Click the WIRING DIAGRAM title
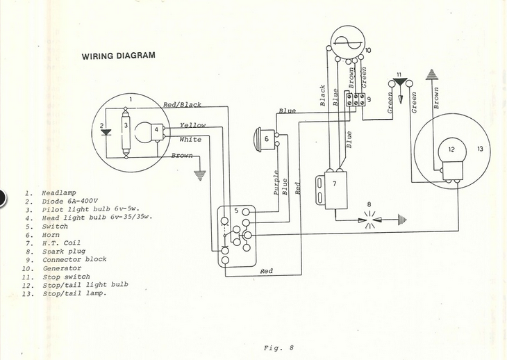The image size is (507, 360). tap(118, 56)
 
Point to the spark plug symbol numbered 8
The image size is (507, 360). tap(369, 219)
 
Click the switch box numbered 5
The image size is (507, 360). tap(236, 234)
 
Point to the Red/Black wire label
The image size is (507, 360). tap(182, 105)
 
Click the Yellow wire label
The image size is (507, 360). tap(192, 126)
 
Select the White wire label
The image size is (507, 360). tap(190, 140)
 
